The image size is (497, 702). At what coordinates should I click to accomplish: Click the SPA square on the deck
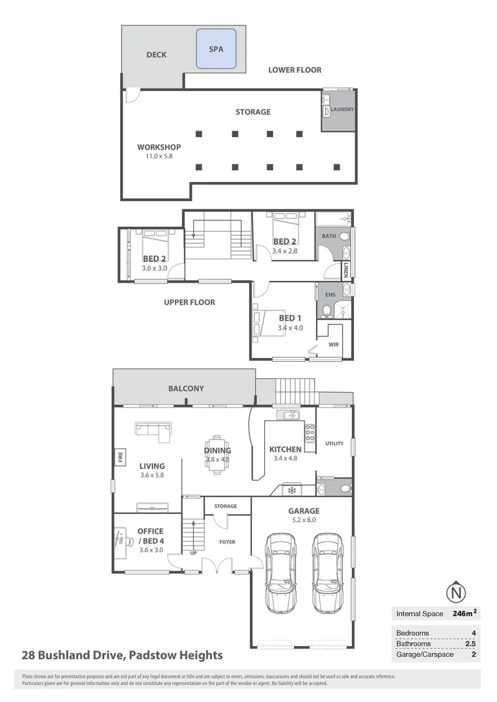point(215,49)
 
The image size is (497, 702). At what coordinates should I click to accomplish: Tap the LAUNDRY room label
point(342,109)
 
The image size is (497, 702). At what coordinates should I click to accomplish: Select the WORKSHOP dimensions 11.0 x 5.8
point(159,157)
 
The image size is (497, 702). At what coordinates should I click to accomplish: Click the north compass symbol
point(457,592)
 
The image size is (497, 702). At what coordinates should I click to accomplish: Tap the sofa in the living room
point(154,428)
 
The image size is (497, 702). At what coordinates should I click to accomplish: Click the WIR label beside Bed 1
point(334,344)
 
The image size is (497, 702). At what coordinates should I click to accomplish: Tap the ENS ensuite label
point(330,294)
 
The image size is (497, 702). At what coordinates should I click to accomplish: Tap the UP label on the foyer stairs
point(193,553)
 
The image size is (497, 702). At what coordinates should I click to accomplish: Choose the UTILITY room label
point(334,443)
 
